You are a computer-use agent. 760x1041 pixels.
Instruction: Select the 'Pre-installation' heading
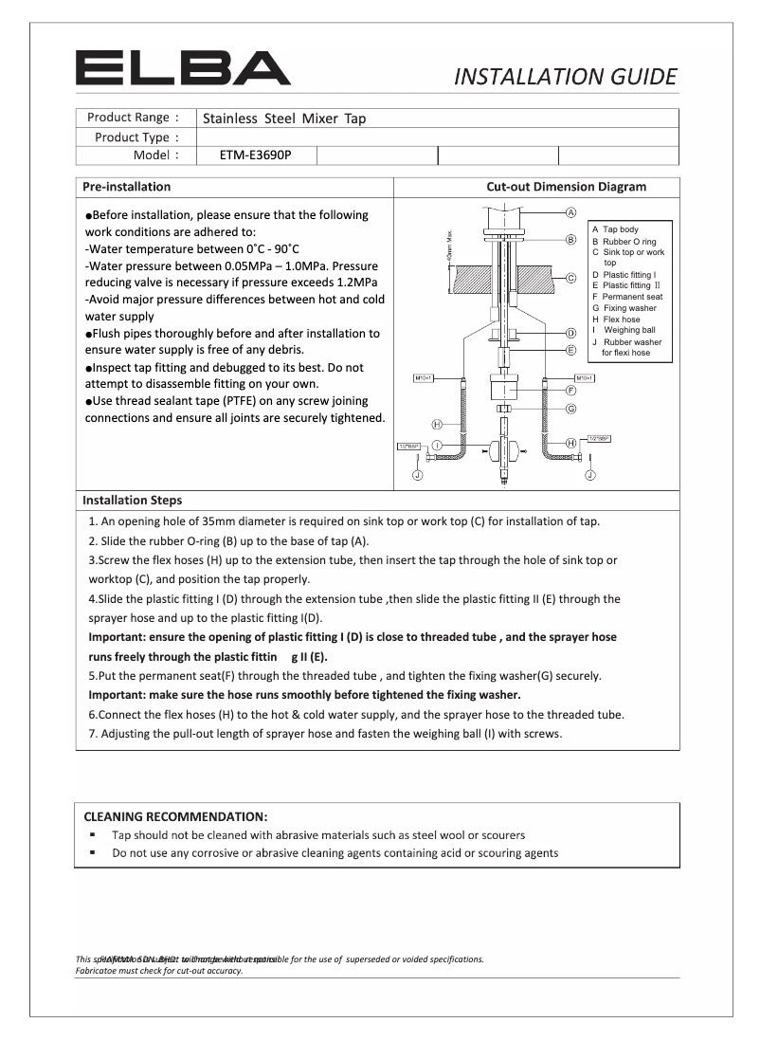pos(127,187)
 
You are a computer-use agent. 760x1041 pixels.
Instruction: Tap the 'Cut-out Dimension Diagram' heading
pos(566,187)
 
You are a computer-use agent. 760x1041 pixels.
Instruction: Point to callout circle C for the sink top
pos(571,279)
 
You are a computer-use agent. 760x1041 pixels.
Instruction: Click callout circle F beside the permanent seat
pos(571,390)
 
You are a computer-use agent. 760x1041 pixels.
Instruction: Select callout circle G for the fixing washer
pos(571,409)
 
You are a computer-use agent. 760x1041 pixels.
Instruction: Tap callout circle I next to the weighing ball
pos(438,444)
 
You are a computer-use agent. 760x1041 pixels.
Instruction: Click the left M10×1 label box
pos(423,378)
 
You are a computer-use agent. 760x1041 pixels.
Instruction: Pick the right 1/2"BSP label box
pos(599,439)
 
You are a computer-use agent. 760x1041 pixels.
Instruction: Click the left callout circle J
pos(416,476)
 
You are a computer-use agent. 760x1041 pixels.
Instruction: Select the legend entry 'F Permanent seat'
pos(626,297)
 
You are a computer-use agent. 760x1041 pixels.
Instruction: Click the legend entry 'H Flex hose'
pos(616,320)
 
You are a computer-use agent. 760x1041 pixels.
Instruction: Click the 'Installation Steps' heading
pos(132,500)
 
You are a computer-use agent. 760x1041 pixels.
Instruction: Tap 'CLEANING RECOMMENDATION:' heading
pos(175,816)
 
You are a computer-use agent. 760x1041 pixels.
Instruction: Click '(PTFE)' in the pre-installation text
pos(227,402)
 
